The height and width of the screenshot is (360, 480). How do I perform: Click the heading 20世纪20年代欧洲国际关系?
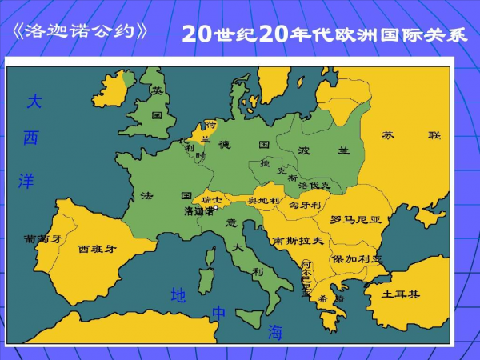point(325,34)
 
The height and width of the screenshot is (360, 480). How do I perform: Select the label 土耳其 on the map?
point(400,294)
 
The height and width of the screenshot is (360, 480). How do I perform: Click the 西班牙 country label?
point(97,249)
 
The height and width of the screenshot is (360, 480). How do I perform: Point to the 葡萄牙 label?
point(42,238)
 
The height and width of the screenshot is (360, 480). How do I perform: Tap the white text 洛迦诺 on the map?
point(198,212)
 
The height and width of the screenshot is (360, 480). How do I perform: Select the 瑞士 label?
point(213,198)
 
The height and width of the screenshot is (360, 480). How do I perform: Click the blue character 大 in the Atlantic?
point(34,102)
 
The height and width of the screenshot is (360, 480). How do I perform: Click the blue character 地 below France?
point(178,295)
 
